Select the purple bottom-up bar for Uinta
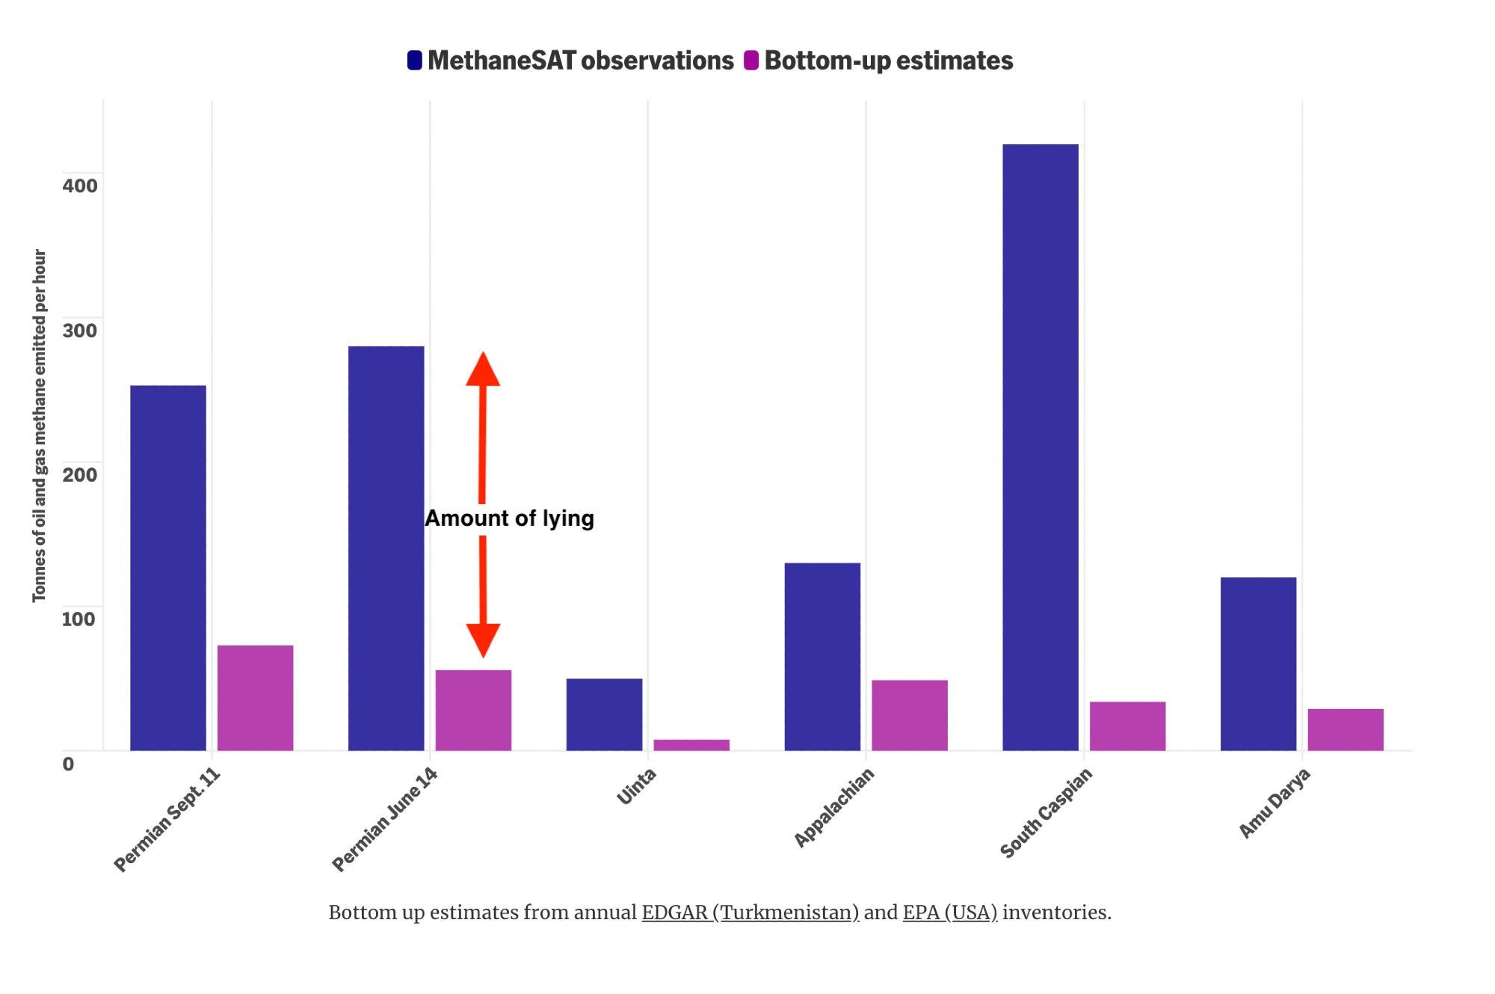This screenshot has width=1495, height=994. (691, 745)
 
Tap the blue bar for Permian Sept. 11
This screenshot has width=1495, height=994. (168, 568)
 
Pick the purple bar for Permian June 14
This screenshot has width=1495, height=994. (473, 710)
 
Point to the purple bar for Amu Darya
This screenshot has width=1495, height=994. (1345, 729)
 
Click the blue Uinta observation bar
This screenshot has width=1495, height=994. (604, 714)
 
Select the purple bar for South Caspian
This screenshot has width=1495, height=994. (1127, 725)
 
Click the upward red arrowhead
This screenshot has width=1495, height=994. (483, 369)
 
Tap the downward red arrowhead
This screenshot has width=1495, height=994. (483, 639)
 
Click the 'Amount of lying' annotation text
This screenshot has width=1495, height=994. (509, 518)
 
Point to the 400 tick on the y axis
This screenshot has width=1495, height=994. (80, 185)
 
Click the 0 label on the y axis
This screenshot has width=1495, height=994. (68, 764)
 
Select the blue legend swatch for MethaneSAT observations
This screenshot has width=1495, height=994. (415, 61)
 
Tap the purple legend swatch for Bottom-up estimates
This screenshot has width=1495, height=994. (751, 61)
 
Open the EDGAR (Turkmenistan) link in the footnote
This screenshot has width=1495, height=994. (750, 912)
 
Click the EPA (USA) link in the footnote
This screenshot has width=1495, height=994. (949, 912)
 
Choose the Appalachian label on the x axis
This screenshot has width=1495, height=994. (833, 808)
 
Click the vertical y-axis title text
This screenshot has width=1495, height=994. (40, 426)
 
